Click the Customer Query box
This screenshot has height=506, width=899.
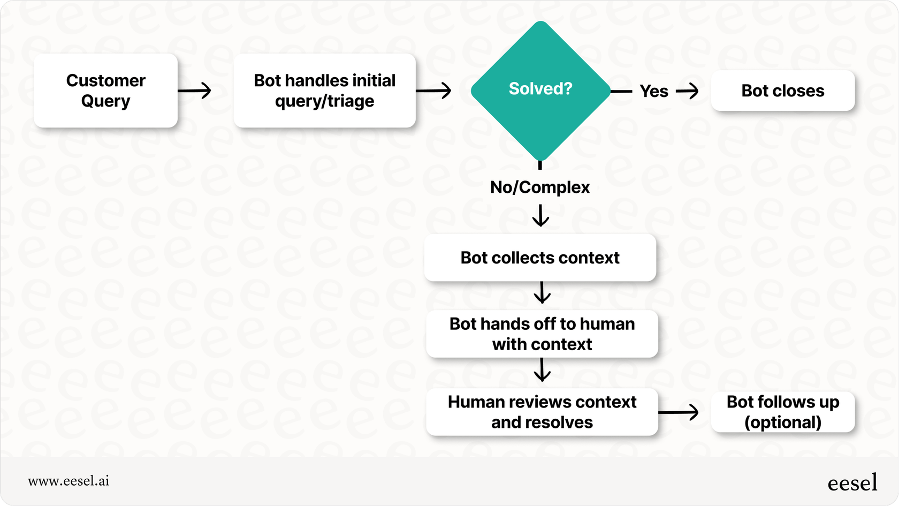[105, 90]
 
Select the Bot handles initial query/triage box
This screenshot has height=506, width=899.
[324, 90]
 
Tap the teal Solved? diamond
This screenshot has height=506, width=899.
[540, 90]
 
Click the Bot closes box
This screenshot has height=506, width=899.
[782, 91]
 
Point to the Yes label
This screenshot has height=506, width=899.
[653, 92]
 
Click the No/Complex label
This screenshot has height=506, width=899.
[540, 187]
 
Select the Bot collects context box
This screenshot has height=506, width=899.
[540, 258]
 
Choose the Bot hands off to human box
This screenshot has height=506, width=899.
[542, 334]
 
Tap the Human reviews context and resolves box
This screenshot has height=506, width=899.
[542, 412]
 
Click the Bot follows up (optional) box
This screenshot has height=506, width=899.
[782, 412]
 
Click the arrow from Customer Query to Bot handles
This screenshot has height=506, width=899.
[195, 91]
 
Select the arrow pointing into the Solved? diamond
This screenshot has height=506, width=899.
[434, 91]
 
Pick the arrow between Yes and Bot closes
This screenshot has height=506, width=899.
[688, 91]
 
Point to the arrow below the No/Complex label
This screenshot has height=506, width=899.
[540, 215]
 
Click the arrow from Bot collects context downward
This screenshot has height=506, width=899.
[542, 293]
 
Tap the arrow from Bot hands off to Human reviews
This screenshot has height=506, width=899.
[542, 370]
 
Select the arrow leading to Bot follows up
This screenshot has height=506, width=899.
[679, 412]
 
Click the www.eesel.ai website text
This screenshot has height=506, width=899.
[68, 481]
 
